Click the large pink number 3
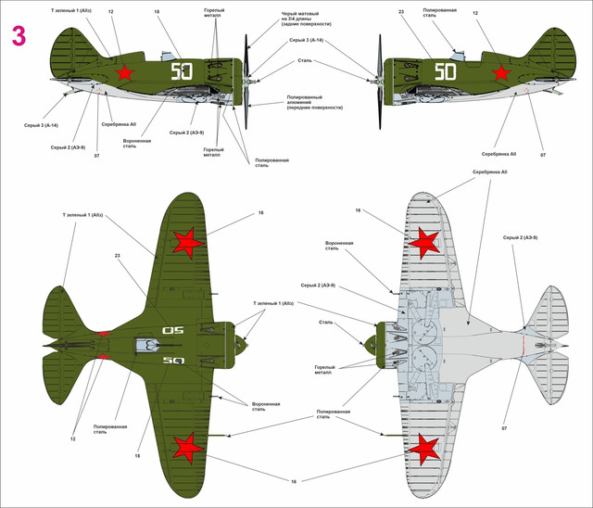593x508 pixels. pyautogui.click(x=19, y=36)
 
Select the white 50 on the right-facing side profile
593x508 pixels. pyautogui.click(x=447, y=71)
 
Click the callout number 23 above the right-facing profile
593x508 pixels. pyautogui.click(x=400, y=12)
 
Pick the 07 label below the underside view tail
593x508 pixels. pyautogui.click(x=505, y=428)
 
